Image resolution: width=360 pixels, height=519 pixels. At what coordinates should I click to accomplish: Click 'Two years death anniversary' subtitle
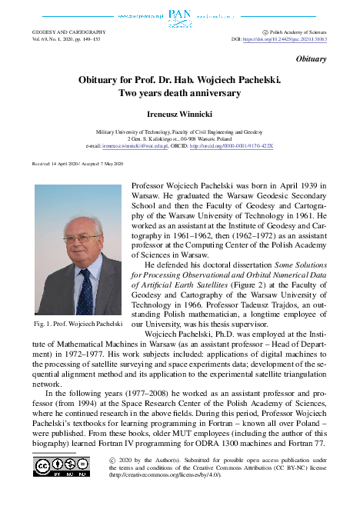[179, 94]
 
